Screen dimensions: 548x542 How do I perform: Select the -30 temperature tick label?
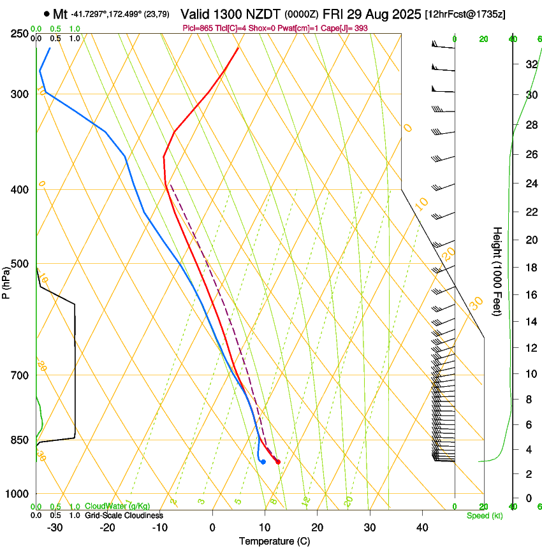(x=54, y=528)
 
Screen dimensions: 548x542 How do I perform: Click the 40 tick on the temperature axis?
(x=422, y=528)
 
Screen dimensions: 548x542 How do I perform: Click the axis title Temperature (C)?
(x=274, y=542)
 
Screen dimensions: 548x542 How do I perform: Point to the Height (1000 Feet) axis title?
(x=498, y=271)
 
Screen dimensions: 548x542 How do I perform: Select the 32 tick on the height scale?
(x=531, y=64)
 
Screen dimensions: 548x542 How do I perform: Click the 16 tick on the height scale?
(x=531, y=295)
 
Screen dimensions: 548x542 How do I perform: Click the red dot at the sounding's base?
(x=278, y=461)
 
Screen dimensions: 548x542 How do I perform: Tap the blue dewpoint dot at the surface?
(x=263, y=461)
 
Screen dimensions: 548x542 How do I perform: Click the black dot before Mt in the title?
(x=47, y=13)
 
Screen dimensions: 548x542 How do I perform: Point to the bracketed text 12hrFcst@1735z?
(x=465, y=14)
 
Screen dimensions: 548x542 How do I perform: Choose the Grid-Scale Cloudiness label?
(x=124, y=516)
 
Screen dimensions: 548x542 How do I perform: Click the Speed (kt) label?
(x=484, y=516)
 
